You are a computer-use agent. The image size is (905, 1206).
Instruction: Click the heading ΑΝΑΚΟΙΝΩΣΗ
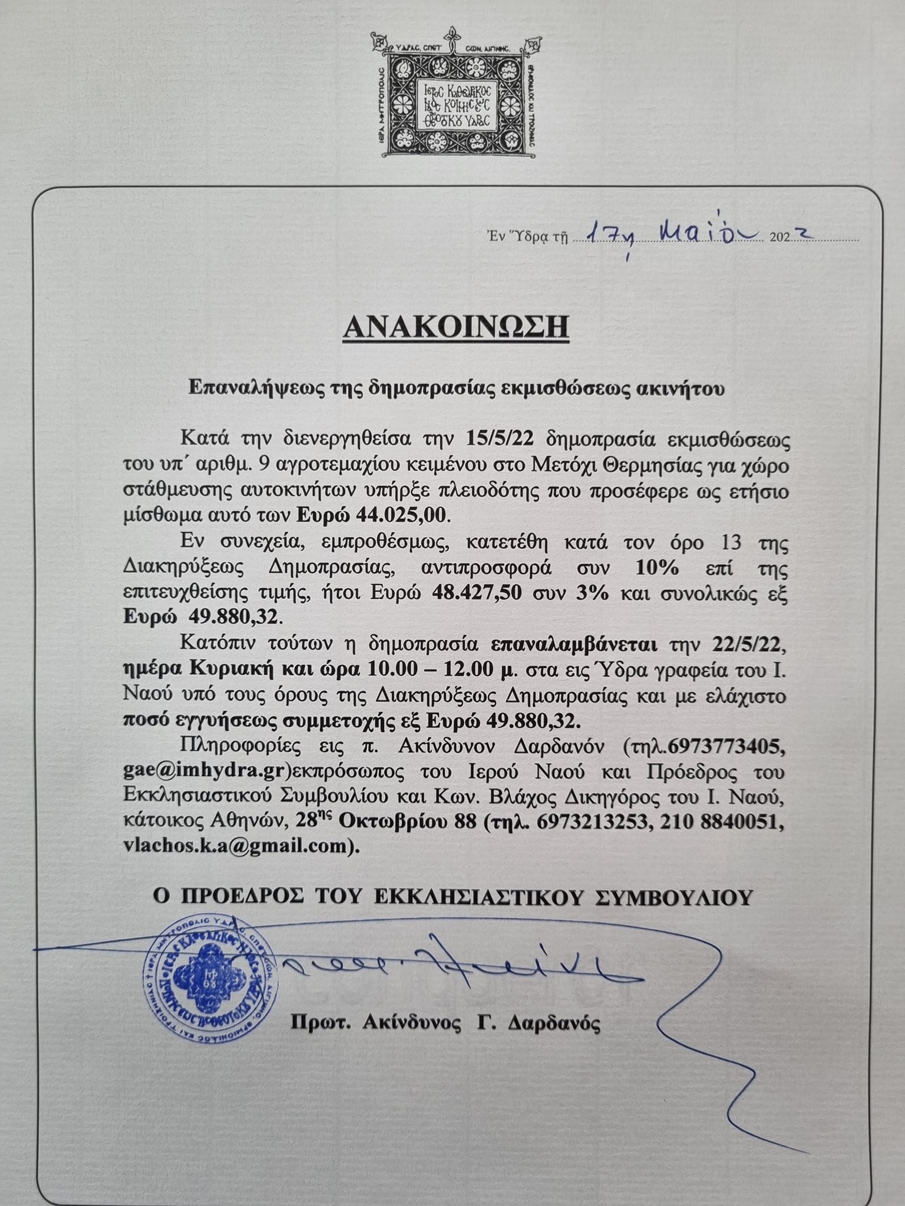pyautogui.click(x=456, y=326)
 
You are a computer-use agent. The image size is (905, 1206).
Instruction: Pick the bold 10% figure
pyautogui.click(x=657, y=569)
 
